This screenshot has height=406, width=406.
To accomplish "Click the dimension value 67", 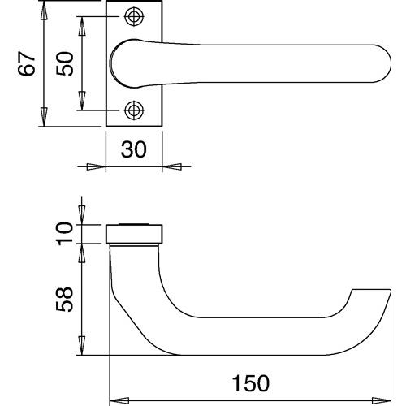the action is click(x=27, y=64).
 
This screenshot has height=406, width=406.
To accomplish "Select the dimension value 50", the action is click(x=64, y=64).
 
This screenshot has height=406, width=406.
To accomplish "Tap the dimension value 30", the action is click(x=133, y=149).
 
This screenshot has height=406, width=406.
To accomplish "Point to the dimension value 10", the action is click(x=65, y=234).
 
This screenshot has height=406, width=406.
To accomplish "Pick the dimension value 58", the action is click(x=64, y=300).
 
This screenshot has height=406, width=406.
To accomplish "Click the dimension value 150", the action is click(x=251, y=383).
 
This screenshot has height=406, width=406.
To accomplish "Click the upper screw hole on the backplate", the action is click(x=134, y=17).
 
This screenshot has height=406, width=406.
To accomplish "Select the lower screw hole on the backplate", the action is click(x=134, y=110).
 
